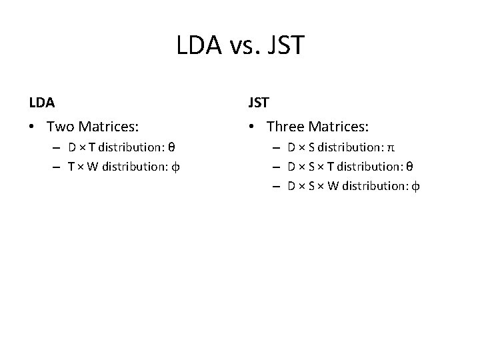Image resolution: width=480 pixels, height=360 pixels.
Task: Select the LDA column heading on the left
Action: [x=42, y=103]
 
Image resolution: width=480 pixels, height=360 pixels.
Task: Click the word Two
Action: [x=61, y=126]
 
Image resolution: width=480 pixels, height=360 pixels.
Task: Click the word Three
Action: [x=285, y=126]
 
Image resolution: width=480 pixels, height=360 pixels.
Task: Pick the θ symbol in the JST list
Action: [x=409, y=167]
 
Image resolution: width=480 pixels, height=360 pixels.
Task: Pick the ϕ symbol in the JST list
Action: [x=416, y=186]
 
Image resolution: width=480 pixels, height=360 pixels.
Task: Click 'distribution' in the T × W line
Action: [x=135, y=167]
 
